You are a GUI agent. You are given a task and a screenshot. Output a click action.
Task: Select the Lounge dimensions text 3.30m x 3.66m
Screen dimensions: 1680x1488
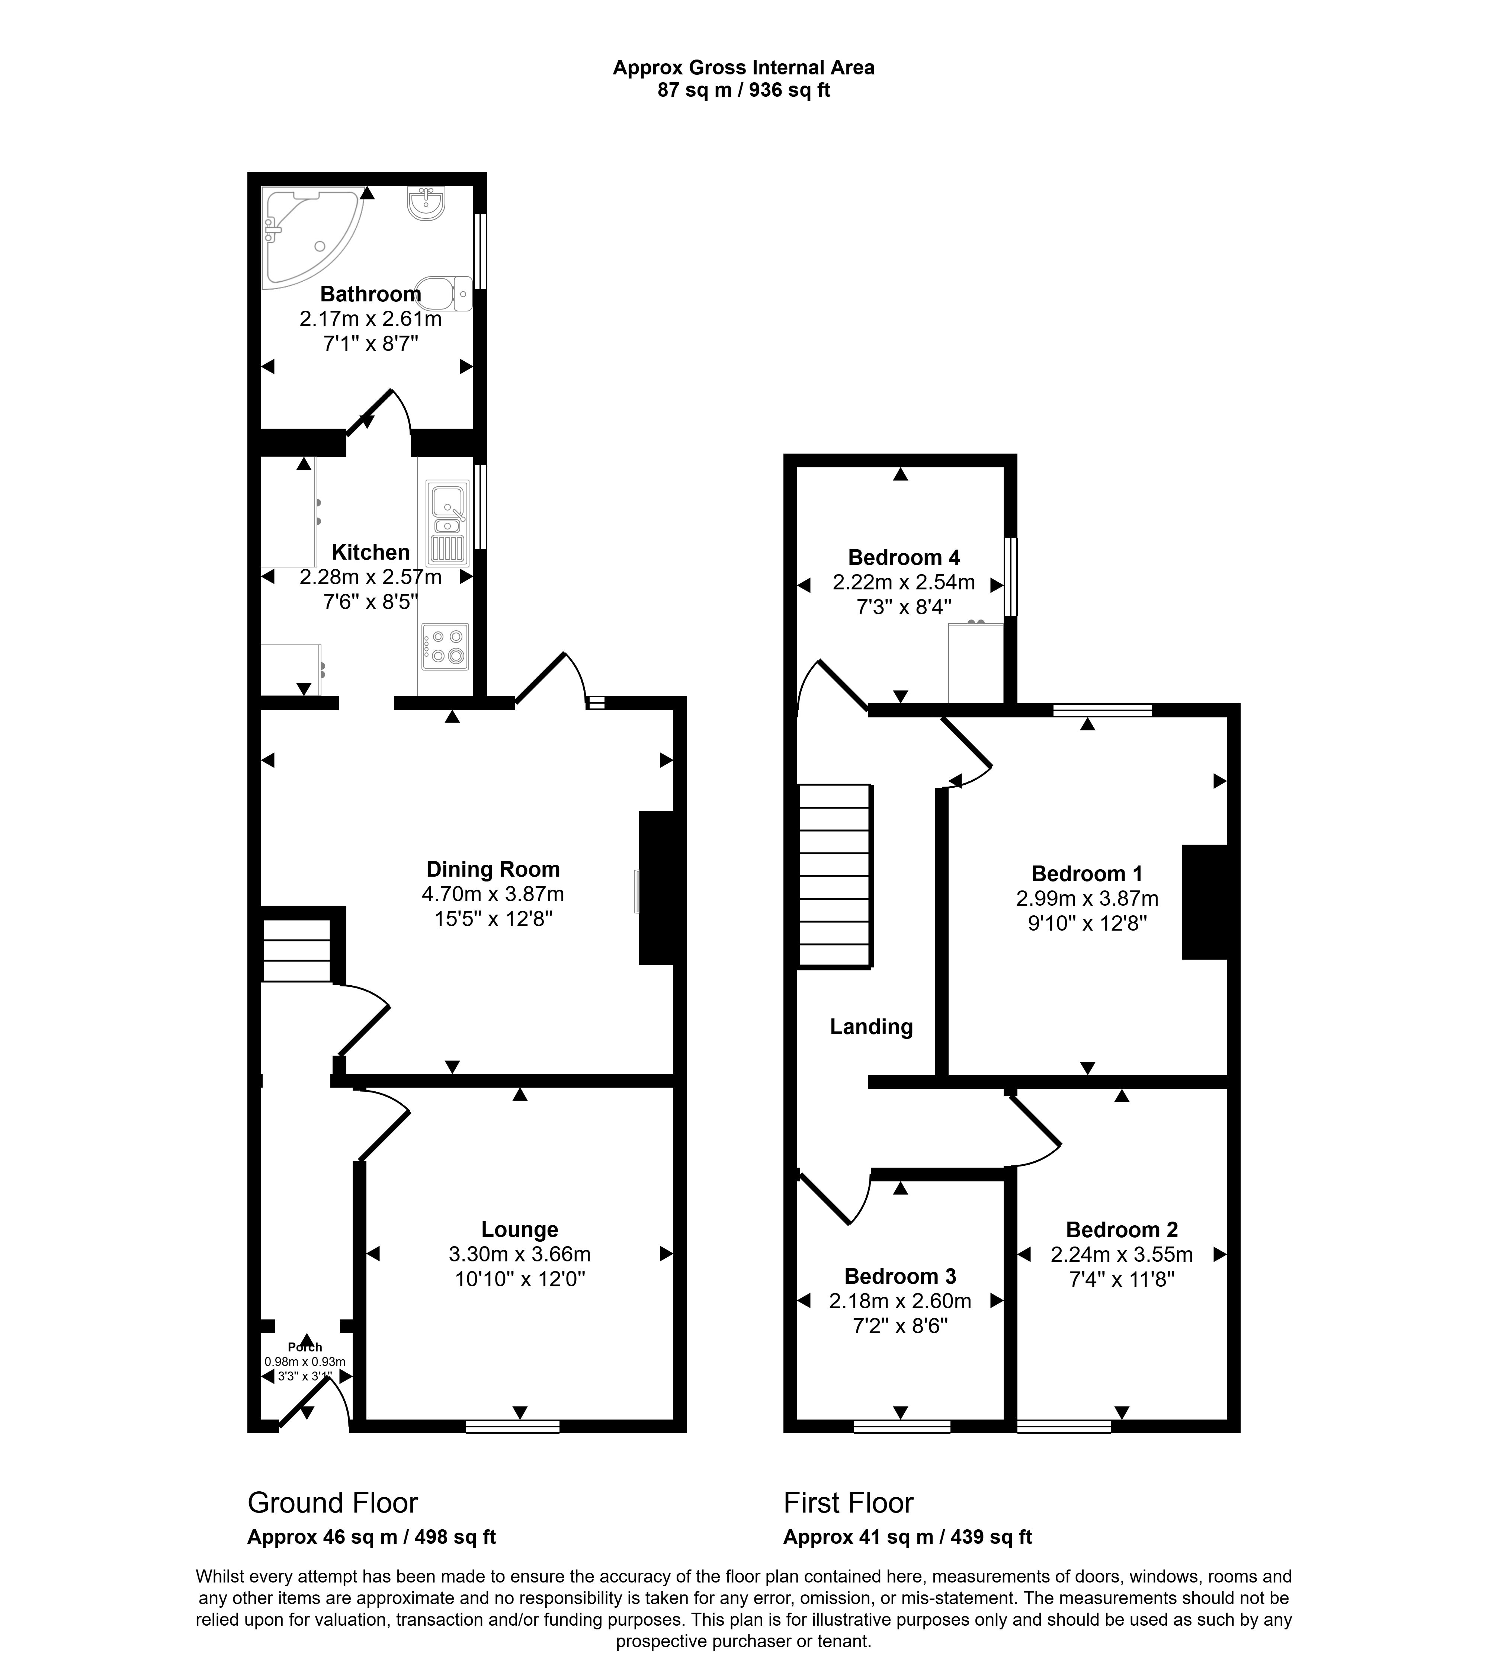(x=519, y=1254)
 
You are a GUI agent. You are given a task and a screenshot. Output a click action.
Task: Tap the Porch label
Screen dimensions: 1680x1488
(x=305, y=1347)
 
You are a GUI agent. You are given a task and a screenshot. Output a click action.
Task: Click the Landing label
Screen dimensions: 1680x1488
(x=871, y=1027)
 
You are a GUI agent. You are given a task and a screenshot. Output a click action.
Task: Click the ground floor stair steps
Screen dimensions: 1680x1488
(x=296, y=950)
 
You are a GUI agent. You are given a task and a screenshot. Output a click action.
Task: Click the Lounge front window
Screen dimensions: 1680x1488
(x=513, y=1427)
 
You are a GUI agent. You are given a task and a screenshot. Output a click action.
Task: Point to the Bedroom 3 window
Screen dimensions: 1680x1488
(x=901, y=1427)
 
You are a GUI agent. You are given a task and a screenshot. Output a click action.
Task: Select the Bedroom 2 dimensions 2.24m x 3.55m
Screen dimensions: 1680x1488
(x=1122, y=1254)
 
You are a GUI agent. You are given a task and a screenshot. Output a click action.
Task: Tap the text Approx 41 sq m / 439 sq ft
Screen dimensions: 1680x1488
(x=907, y=1537)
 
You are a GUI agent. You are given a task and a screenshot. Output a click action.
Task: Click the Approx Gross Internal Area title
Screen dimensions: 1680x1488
(x=744, y=67)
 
